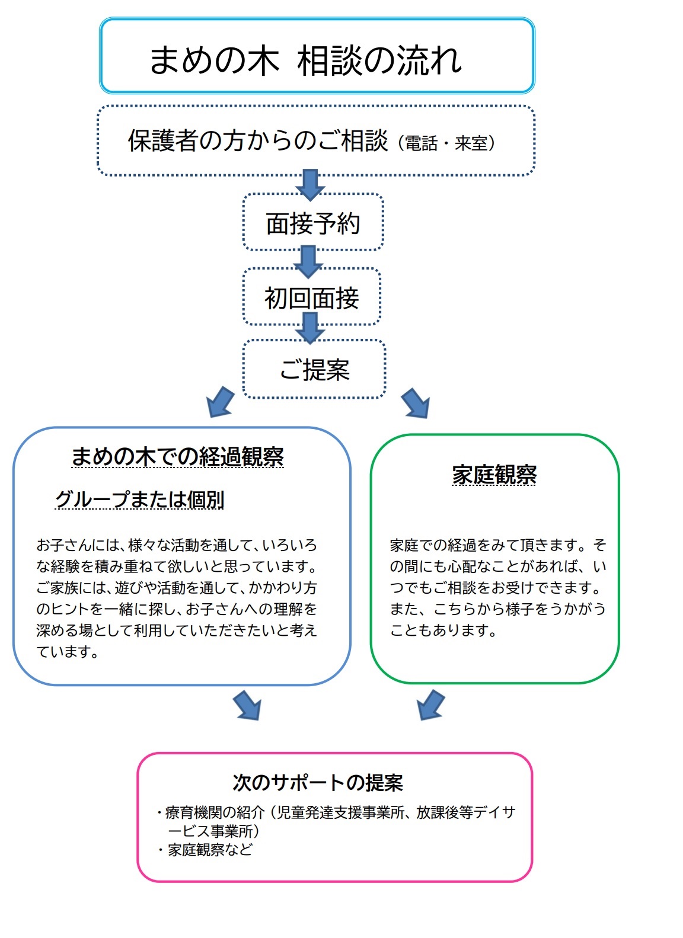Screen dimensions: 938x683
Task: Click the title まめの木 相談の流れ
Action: pyautogui.click(x=305, y=60)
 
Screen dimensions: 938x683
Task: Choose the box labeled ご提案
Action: pyautogui.click(x=314, y=370)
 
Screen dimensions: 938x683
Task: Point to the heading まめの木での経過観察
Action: pyautogui.click(x=177, y=457)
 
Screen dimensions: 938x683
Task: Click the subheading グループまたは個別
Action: pyautogui.click(x=139, y=500)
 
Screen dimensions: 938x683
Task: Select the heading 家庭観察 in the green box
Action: pyautogui.click(x=494, y=475)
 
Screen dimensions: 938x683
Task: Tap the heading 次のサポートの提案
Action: pyautogui.click(x=317, y=783)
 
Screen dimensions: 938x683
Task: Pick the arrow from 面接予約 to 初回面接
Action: pyautogui.click(x=308, y=261)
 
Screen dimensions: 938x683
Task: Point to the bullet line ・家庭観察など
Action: pyautogui.click(x=205, y=850)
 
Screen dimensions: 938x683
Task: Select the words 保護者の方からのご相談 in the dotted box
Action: pyautogui.click(x=257, y=141)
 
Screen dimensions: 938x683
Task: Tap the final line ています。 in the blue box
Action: pyautogui.click(x=68, y=652)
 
